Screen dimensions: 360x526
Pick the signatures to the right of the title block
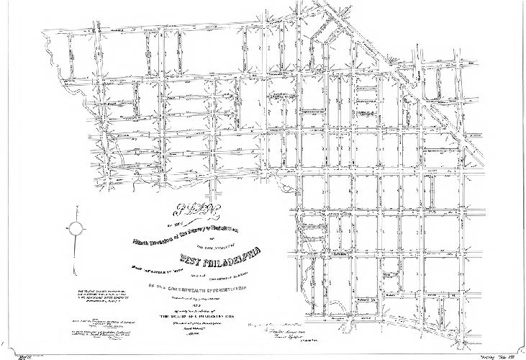coord(288,329)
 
